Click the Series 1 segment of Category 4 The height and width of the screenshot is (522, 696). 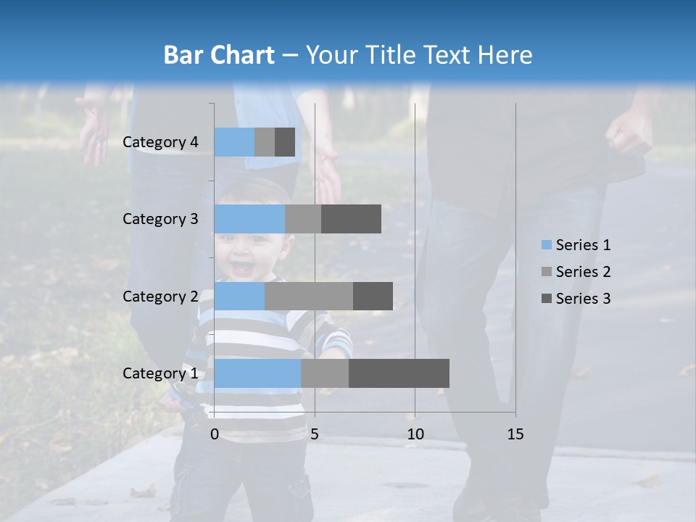pos(234,142)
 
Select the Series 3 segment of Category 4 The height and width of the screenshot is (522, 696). pos(285,142)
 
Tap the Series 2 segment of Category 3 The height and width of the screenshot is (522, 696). pos(303,219)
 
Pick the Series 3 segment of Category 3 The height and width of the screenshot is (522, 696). pos(351,219)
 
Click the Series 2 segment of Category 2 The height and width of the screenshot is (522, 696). pos(309,296)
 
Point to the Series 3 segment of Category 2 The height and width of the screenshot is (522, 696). pos(373,296)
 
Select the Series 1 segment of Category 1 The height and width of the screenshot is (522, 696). pos(257,373)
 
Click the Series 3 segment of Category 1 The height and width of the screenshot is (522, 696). pos(399,373)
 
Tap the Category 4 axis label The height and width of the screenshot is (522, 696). pos(160,142)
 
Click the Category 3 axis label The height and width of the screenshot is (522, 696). pos(160,219)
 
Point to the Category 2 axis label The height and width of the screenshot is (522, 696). pos(160,297)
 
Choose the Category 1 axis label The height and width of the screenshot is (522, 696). pos(160,373)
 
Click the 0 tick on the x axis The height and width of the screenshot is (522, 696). pos(215,434)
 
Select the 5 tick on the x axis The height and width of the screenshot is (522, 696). pos(315,434)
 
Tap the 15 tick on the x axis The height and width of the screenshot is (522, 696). pos(515,434)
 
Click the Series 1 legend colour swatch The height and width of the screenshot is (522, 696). pos(546,245)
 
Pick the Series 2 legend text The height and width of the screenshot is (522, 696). pos(583,272)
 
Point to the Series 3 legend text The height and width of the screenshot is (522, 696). pos(583,299)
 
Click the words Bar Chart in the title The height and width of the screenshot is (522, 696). pos(219,55)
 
